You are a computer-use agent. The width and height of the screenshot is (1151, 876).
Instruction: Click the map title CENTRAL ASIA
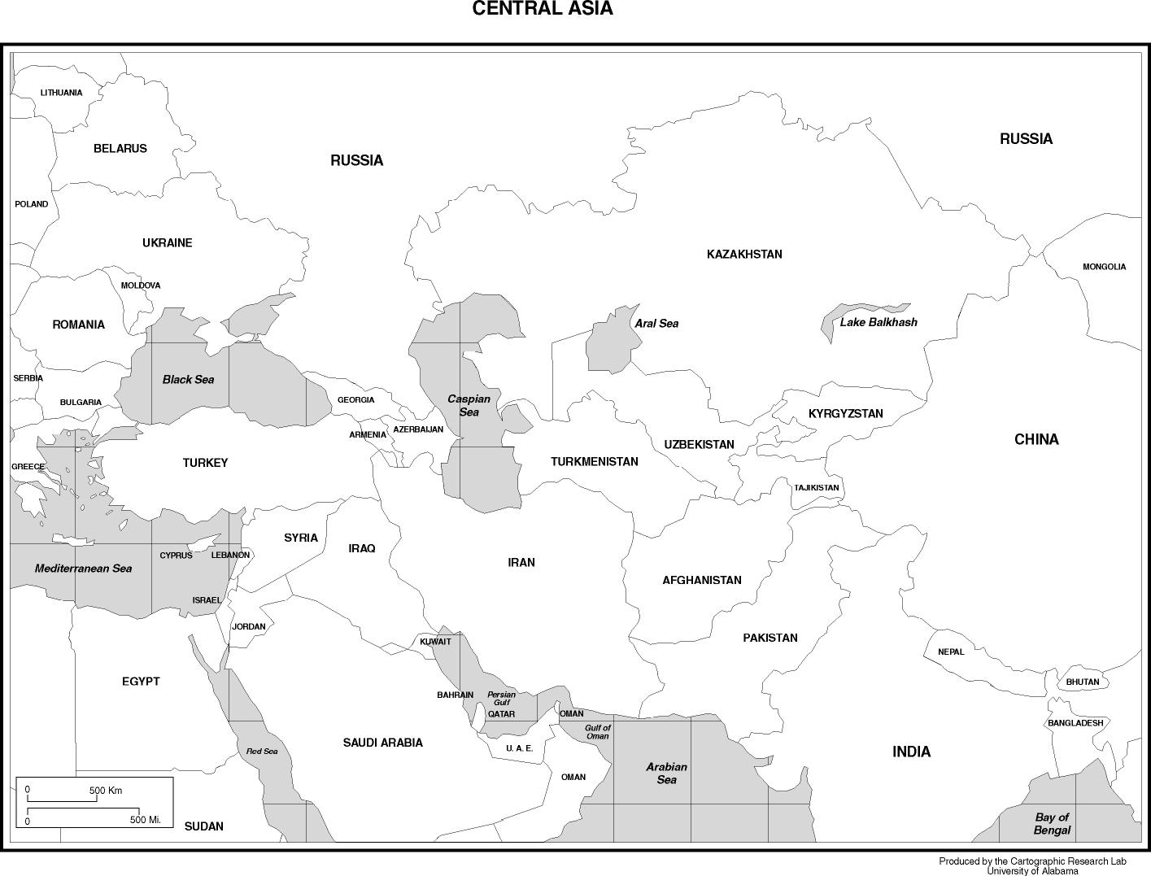pos(543,9)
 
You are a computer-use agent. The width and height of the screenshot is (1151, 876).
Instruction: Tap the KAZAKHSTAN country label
pos(744,255)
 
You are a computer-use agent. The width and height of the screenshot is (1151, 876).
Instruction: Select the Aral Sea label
pos(656,324)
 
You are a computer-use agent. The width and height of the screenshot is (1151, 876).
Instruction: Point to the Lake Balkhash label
pos(879,322)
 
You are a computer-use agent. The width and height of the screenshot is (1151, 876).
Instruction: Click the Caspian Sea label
pos(469,405)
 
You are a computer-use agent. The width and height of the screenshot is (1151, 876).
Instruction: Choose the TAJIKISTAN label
pos(817,488)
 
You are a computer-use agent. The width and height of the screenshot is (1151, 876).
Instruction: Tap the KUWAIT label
pos(435,642)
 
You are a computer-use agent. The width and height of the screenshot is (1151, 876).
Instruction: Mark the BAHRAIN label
pos(455,695)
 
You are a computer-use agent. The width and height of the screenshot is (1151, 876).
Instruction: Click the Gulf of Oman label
pos(597,731)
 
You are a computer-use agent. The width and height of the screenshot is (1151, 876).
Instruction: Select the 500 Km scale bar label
pos(106,791)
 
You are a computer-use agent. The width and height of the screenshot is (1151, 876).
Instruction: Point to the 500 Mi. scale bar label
pos(146,820)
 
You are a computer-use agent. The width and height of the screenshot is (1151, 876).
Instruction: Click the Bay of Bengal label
pos(1052,824)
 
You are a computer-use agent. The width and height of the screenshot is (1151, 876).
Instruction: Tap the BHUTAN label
pos(1083,682)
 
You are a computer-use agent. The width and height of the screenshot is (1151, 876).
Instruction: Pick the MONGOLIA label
pos(1104,267)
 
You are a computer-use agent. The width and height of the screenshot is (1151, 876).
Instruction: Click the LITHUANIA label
pos(61,93)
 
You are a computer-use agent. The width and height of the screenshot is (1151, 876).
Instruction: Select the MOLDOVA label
pos(141,285)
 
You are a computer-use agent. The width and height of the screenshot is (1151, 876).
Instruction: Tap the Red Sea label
pos(262,752)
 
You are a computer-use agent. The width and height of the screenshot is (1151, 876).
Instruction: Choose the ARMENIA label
pos(368,435)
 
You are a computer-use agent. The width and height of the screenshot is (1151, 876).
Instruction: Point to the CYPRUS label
pos(176,556)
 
